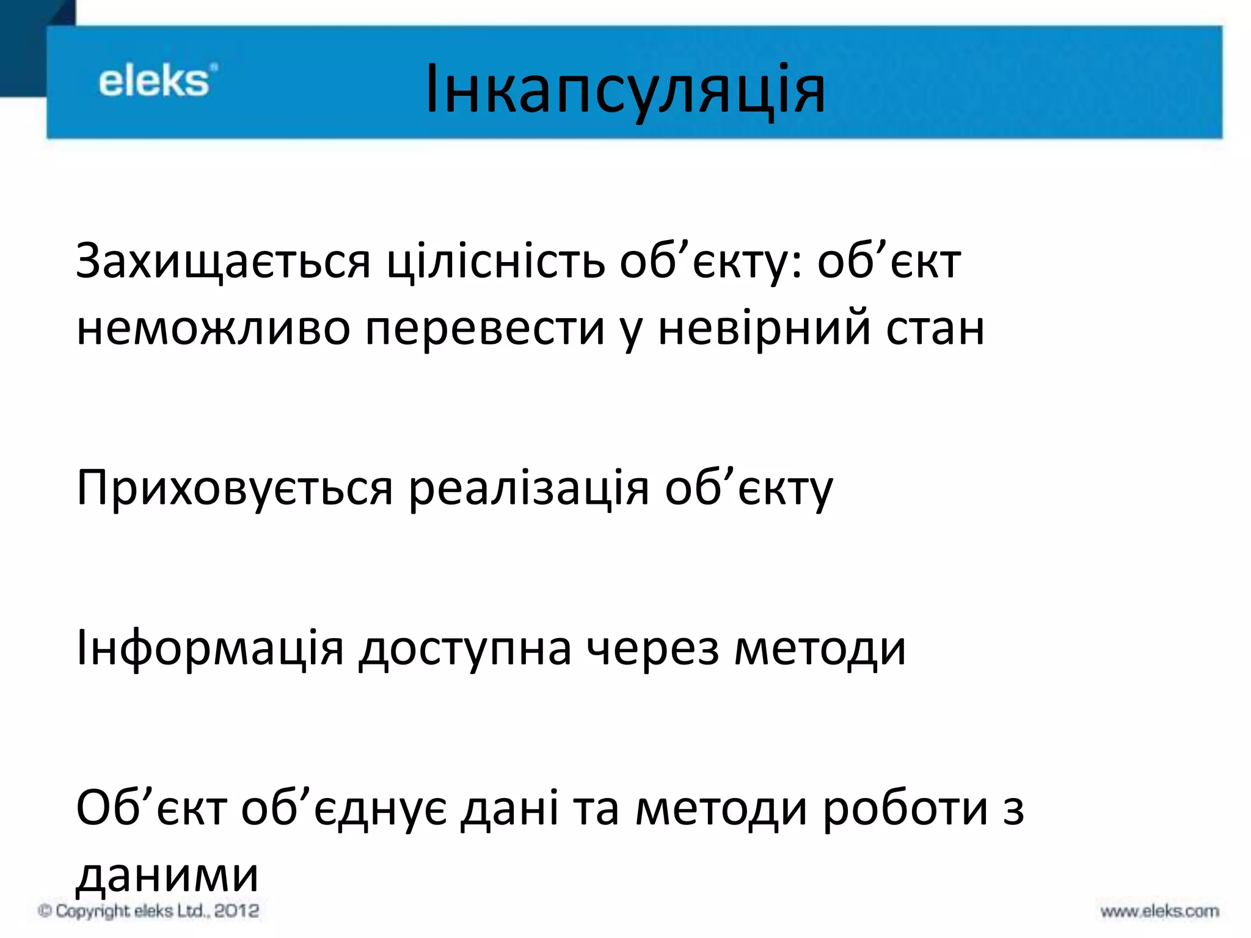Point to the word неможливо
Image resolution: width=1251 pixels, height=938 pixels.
click(213, 329)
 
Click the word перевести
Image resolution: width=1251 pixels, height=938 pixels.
click(485, 329)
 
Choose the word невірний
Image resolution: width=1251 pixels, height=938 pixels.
click(764, 329)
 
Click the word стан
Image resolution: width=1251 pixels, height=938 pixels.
click(935, 329)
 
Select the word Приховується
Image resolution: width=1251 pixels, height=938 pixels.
click(235, 489)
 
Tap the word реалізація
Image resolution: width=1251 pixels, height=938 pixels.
click(528, 489)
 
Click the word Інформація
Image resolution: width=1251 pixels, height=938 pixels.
click(210, 649)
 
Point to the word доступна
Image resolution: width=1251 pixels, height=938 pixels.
click(465, 649)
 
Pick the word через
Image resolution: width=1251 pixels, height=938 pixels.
click(652, 649)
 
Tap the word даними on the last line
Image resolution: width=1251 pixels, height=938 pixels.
click(167, 875)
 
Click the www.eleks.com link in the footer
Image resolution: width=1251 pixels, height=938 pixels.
click(1159, 912)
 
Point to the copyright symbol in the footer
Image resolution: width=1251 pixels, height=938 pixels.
click(44, 911)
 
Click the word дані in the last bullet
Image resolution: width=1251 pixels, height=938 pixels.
click(509, 809)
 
